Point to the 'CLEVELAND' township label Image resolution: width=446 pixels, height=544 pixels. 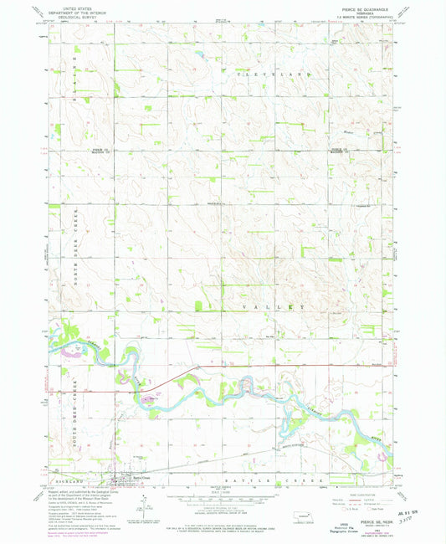coord(276,74)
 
